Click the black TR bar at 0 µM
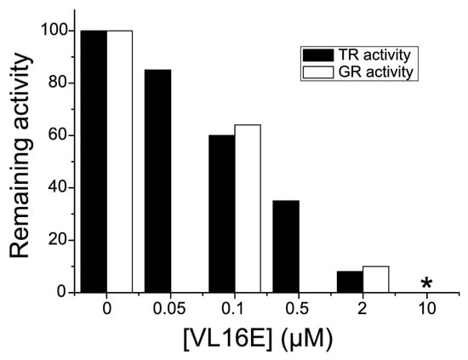94,162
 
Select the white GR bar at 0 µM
119,162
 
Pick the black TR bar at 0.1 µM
222,214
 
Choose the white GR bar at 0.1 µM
248,209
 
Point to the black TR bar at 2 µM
350,282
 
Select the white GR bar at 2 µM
375,279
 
